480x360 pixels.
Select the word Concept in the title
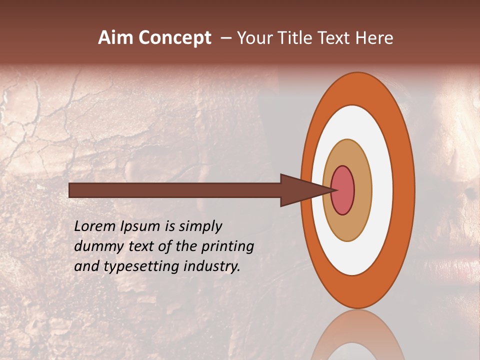(x=175, y=38)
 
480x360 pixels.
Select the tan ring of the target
(x=347, y=227)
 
